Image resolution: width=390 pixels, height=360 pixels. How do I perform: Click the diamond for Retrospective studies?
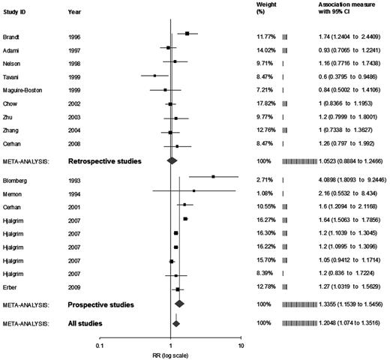click(172, 159)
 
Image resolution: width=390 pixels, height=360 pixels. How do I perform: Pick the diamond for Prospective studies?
click(179, 304)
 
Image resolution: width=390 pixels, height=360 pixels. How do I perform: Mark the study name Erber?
click(12, 288)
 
